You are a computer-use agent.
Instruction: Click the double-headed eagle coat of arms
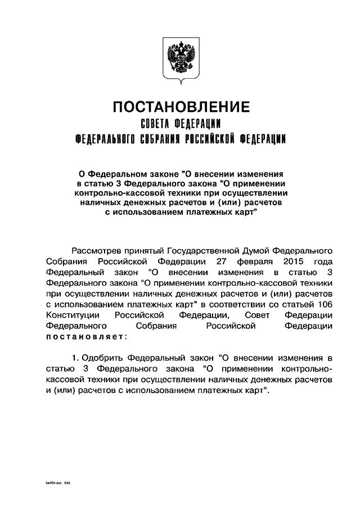(180, 59)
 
